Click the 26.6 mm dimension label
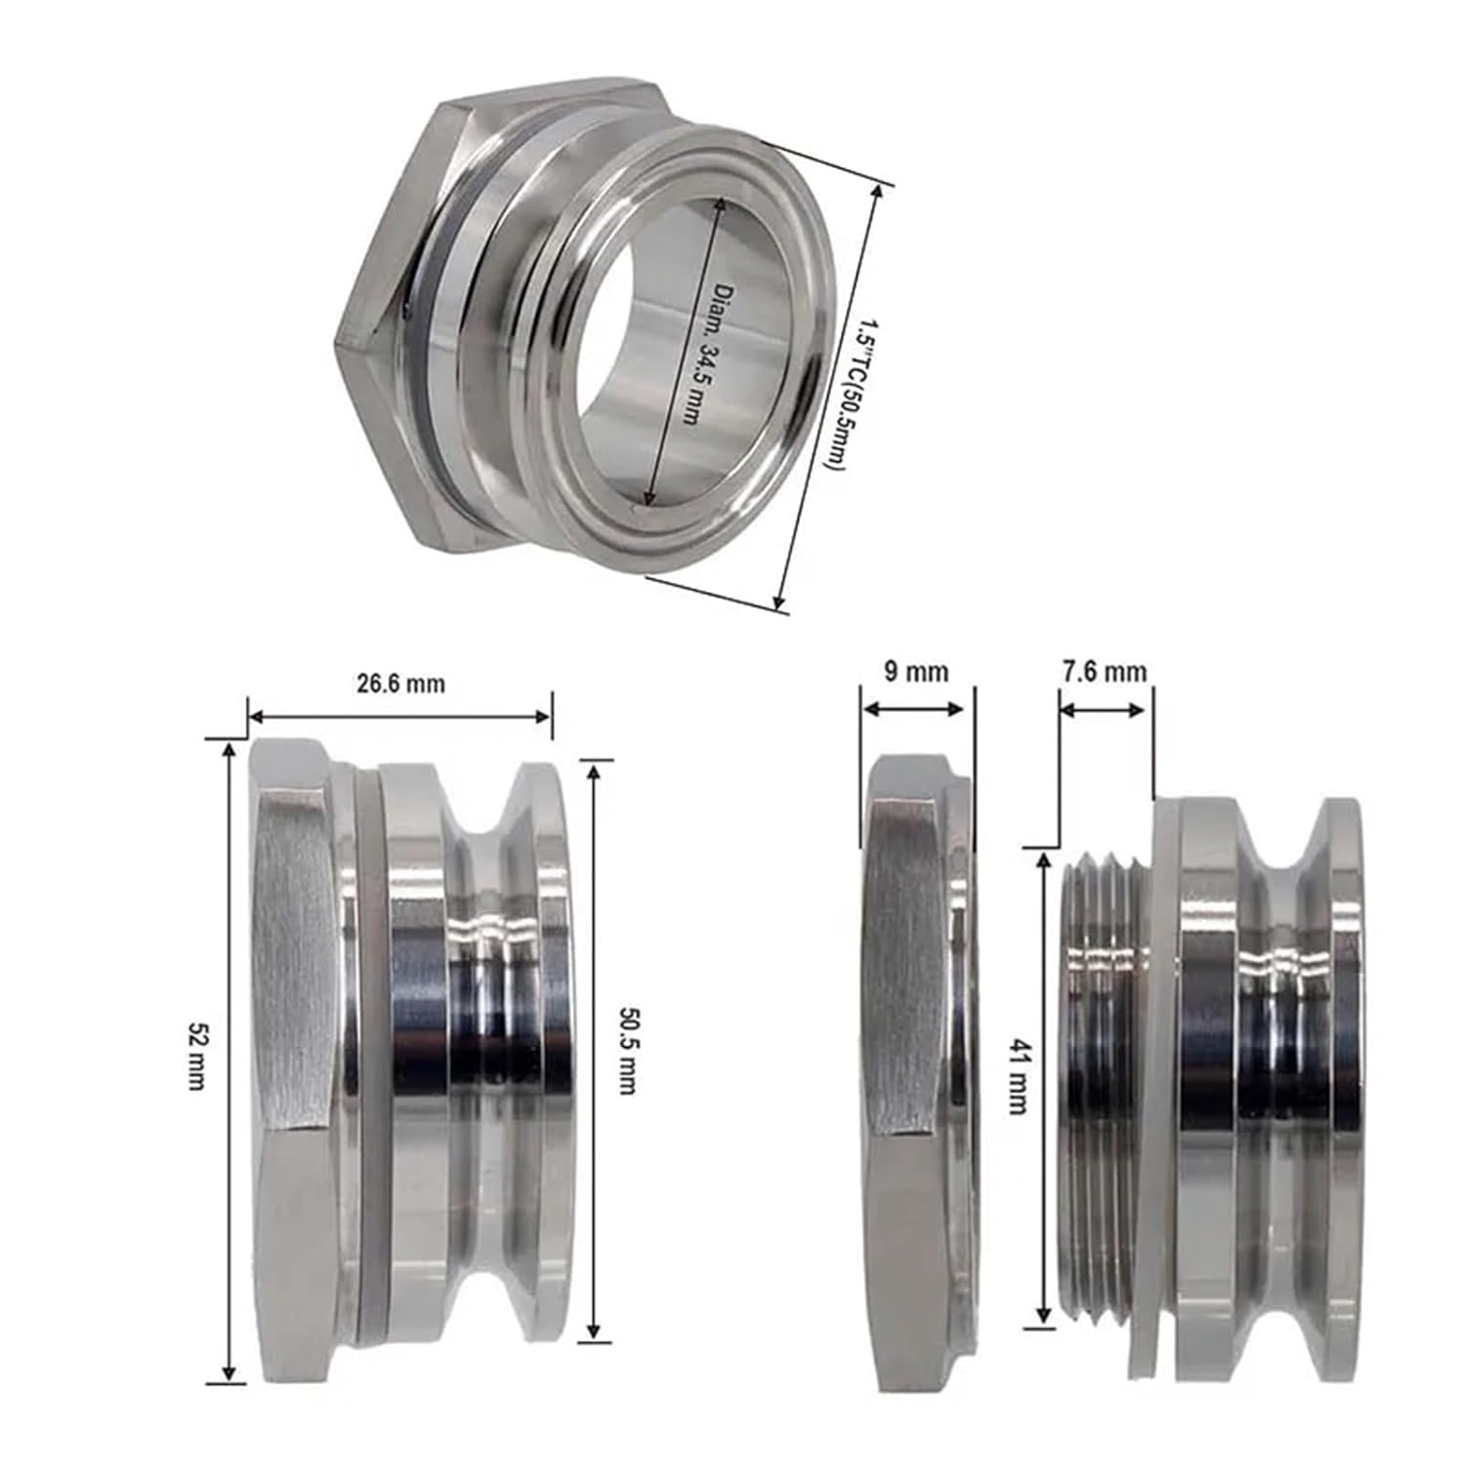(400, 683)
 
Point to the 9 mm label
(915, 672)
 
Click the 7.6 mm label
(1103, 672)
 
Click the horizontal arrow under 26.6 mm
(399, 716)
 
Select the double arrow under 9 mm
(916, 709)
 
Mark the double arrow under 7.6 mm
(1103, 710)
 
